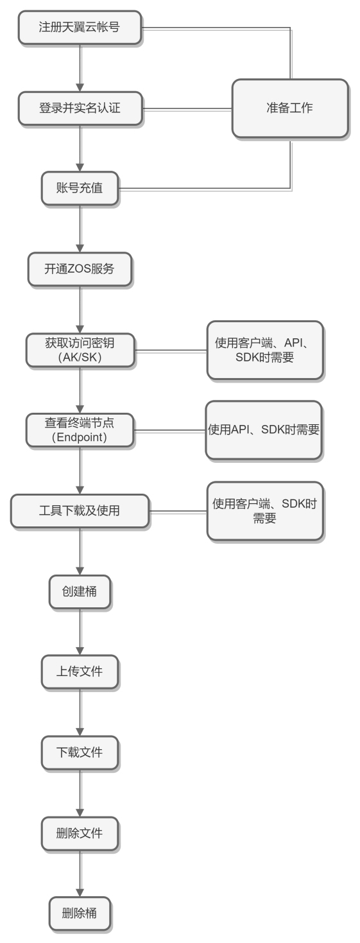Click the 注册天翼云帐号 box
pos(80,28)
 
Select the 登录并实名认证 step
pos(80,109)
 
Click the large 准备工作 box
pos(289,108)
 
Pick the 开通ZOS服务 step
pos(80,268)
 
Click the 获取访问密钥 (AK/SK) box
pos(80,350)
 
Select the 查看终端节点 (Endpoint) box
pos(80,430)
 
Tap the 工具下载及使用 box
pos(80,511)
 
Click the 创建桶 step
pos(80,591)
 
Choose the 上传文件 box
pos(80,672)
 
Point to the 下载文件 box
pos(80,752)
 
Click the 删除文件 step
pos(80,834)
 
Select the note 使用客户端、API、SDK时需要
pos(264,350)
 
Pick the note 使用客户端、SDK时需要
pos(264,511)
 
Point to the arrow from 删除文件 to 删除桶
pos(80,873)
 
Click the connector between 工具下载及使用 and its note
pos(178,512)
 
